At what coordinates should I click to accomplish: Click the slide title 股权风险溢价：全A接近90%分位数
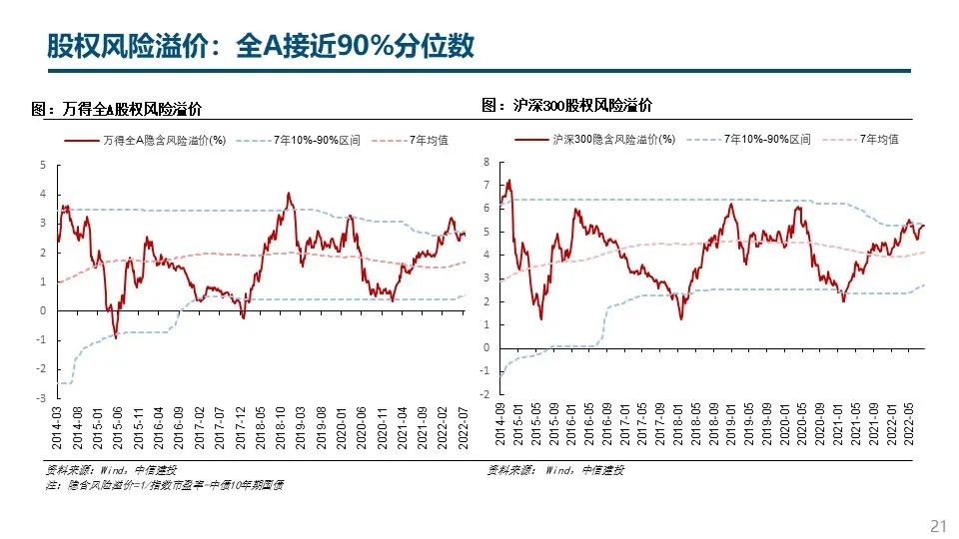point(261,47)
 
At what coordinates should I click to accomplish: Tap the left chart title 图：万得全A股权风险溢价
point(124,110)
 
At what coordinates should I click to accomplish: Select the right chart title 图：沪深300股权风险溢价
point(566,105)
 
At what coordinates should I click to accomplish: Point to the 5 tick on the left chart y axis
point(43,165)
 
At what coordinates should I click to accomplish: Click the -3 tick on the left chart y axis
point(41,397)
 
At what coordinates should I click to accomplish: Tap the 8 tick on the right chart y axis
point(486,162)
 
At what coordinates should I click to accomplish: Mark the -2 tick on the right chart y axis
point(484,394)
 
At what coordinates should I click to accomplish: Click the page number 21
point(937,525)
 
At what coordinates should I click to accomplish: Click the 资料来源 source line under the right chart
point(555,470)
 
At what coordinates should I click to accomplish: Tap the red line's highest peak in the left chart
point(289,194)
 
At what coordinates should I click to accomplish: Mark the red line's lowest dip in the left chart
point(116,337)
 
